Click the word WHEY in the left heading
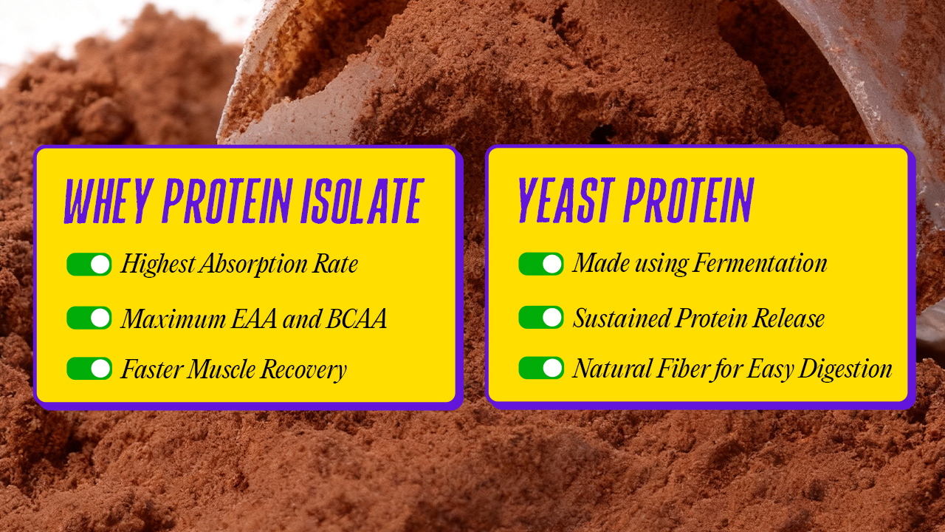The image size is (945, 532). [108, 200]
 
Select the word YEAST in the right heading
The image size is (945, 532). [565, 199]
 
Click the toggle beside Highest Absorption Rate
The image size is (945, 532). [89, 265]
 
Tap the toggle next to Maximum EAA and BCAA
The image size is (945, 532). [89, 318]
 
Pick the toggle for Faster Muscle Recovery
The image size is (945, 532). [89, 368]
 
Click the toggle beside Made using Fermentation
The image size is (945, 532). [541, 264]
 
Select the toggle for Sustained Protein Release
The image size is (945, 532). [541, 318]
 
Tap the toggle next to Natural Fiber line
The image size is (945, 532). [541, 368]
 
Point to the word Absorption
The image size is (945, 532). [254, 265]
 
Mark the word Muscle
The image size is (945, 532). [221, 369]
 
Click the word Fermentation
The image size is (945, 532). [760, 264]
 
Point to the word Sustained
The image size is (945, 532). [622, 318]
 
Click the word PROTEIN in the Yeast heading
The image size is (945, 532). [689, 199]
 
